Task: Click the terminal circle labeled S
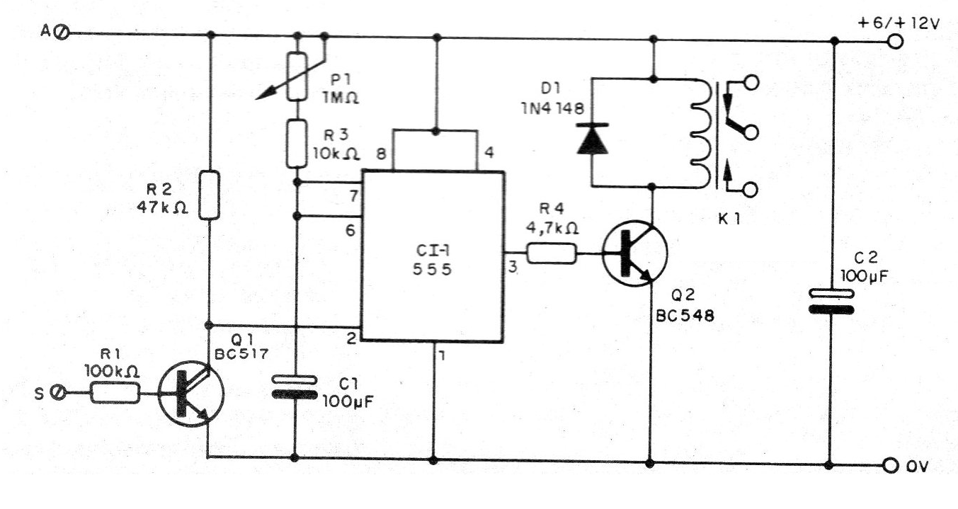click(x=60, y=391)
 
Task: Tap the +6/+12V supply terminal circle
click(x=896, y=41)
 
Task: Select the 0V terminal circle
click(x=891, y=465)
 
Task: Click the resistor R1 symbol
click(x=115, y=392)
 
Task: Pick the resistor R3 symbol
click(x=297, y=143)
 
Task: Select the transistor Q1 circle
click(x=190, y=394)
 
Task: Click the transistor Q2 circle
click(x=634, y=256)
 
